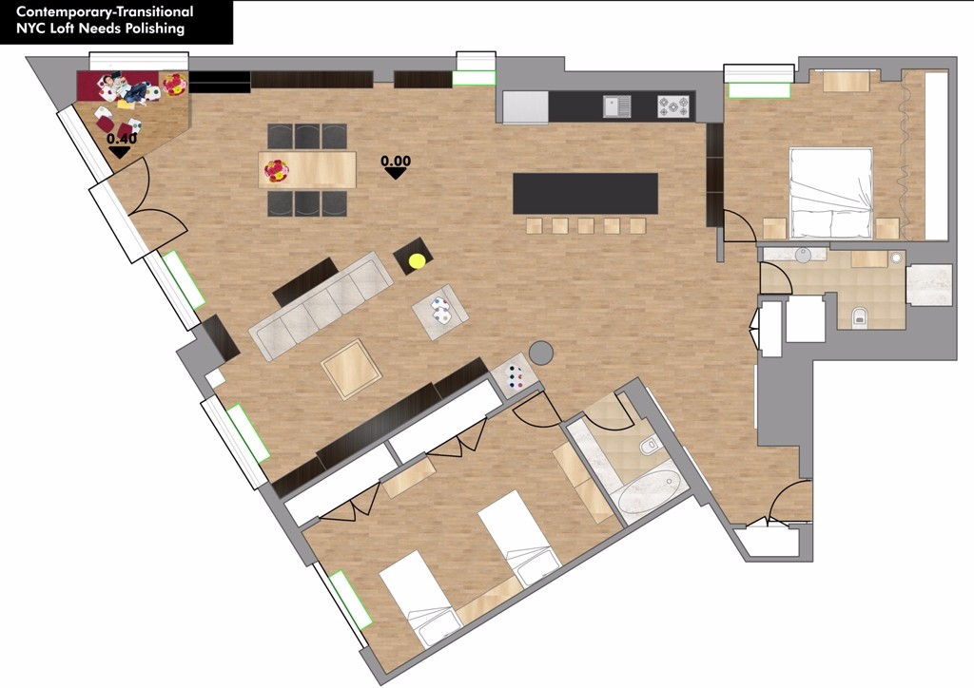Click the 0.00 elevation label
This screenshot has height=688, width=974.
(x=396, y=162)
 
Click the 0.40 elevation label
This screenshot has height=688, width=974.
(x=122, y=139)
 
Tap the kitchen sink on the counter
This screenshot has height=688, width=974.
(x=616, y=106)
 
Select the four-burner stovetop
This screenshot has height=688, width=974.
(x=673, y=106)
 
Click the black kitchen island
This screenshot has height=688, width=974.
(x=585, y=194)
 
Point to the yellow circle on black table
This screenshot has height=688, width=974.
(x=417, y=260)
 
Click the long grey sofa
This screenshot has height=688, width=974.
(x=321, y=305)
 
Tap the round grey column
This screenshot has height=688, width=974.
(x=541, y=352)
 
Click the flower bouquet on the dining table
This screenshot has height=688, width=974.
(x=277, y=170)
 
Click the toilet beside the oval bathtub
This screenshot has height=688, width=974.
(x=649, y=444)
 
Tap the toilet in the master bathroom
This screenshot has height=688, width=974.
(x=860, y=316)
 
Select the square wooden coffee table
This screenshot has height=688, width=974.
(x=351, y=369)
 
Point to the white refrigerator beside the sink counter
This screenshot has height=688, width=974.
(x=525, y=107)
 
